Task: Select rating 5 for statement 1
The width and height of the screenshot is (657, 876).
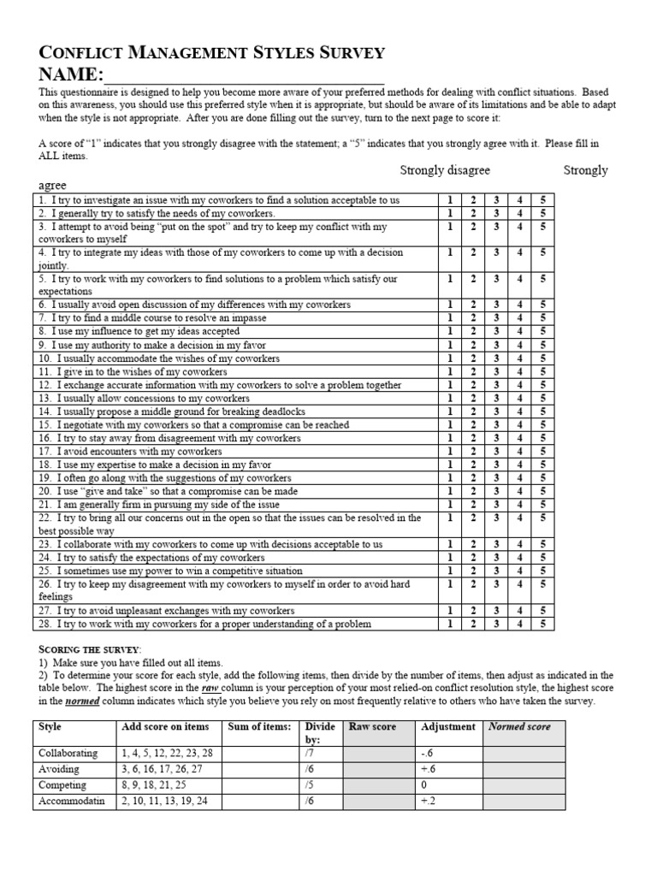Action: point(542,200)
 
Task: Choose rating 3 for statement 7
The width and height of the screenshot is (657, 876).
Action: point(496,318)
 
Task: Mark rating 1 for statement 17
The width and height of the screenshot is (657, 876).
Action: point(450,451)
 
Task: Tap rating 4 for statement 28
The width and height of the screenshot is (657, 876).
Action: point(519,624)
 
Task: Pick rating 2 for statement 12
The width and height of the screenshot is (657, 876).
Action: point(473,385)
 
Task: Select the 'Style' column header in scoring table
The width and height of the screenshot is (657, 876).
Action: point(50,727)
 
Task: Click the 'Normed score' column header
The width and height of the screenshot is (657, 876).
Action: point(518,727)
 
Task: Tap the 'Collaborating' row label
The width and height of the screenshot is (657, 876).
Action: point(68,754)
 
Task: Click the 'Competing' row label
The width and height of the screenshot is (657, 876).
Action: point(62,785)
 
